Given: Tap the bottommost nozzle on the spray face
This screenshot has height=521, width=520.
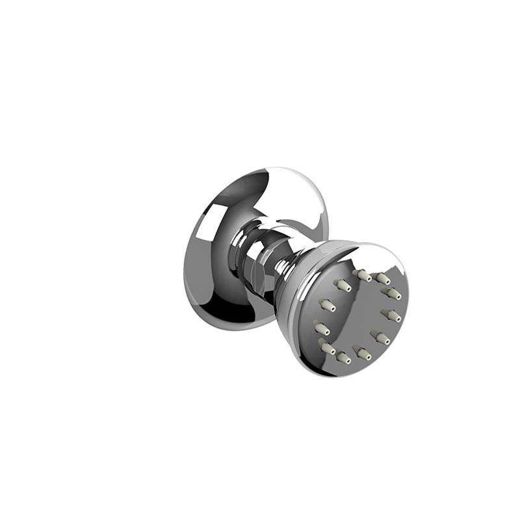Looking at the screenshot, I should coord(344,358).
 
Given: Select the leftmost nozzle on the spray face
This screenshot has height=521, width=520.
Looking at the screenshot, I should coord(321,328).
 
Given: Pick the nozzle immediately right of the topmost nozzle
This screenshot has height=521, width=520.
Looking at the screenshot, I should coord(383,278).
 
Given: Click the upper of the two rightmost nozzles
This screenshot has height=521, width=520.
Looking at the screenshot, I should coord(393,293).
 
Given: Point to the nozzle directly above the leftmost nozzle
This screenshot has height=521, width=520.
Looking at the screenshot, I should coord(327,304).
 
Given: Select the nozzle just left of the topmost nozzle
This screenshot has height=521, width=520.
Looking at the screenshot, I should coord(343,285).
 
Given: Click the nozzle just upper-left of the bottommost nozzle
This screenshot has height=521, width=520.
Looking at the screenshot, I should coord(328,349).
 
